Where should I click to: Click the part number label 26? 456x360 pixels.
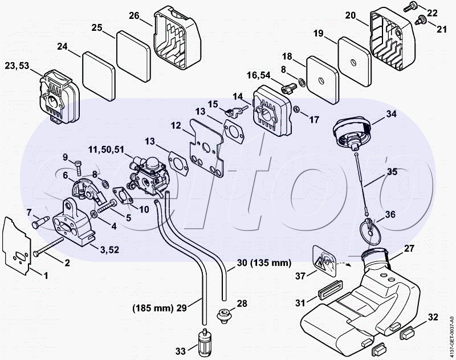[134, 15]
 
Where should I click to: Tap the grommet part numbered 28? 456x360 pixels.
[224, 313]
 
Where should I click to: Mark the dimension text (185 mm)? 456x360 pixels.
[152, 308]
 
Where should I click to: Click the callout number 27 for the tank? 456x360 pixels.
[409, 248]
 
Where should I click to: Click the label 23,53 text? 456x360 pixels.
[16, 66]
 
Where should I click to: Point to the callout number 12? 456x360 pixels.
[175, 125]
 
